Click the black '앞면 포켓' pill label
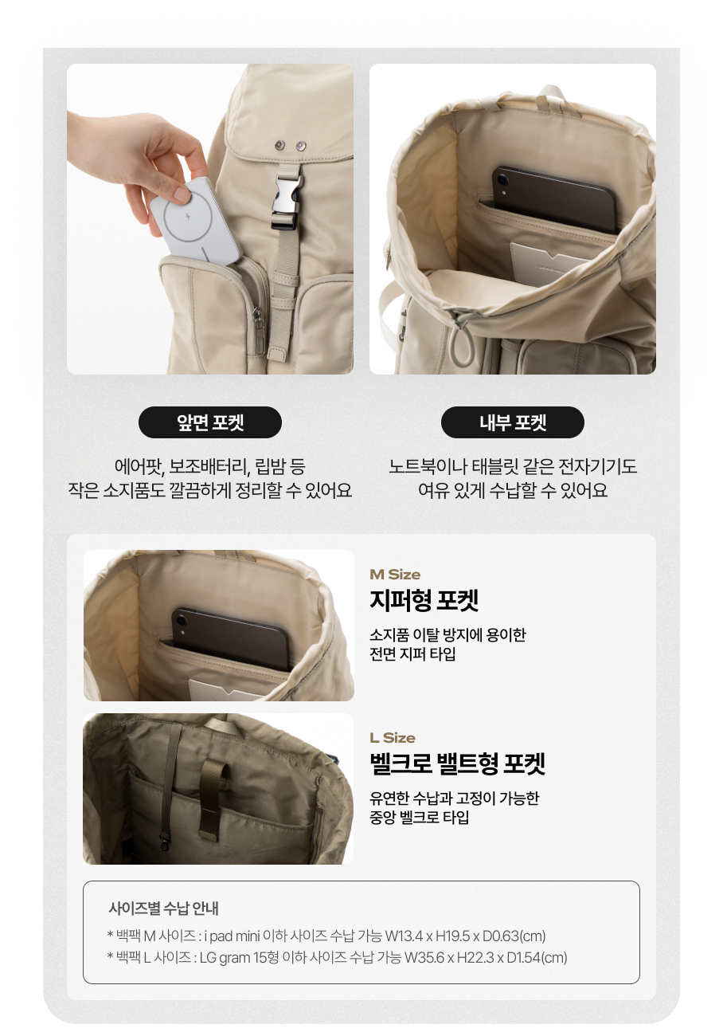click(x=209, y=422)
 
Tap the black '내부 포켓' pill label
click(x=512, y=422)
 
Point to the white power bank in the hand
click(x=194, y=221)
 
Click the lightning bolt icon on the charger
click(x=188, y=216)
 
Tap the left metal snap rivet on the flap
click(x=279, y=146)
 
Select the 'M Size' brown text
click(x=395, y=575)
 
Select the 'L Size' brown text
click(x=393, y=738)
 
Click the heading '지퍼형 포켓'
click(x=424, y=600)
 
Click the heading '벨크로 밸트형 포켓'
click(x=457, y=763)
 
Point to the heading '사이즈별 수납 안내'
click(x=163, y=908)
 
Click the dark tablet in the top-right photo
click(x=554, y=199)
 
